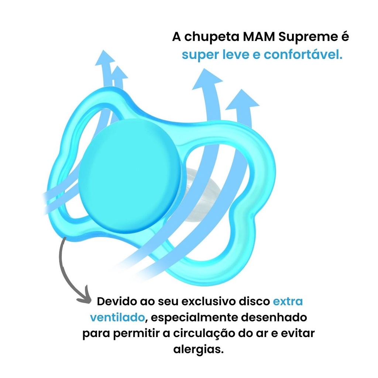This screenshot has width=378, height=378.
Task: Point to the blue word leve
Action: (x=241, y=55)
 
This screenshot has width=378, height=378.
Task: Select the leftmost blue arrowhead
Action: (x=105, y=59)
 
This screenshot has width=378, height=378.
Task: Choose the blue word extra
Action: (x=288, y=302)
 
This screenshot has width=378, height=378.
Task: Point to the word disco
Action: (x=255, y=302)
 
